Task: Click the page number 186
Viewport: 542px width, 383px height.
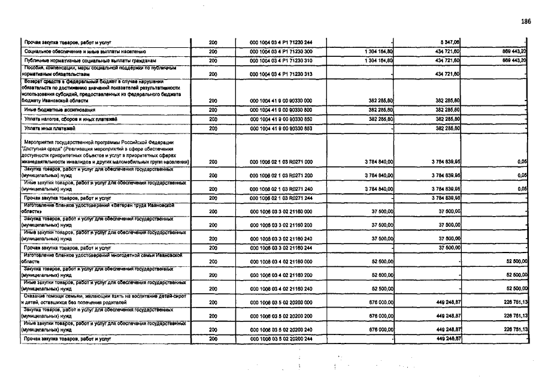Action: (x=526, y=22)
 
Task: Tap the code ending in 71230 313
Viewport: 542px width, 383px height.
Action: (x=281, y=74)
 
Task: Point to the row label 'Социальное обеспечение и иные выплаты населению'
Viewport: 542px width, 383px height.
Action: (x=86, y=52)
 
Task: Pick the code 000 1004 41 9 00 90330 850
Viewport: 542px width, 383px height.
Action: (x=281, y=119)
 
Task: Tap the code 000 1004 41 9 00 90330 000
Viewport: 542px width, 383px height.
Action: (x=281, y=101)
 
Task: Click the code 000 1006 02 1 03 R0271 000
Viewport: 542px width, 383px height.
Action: (x=281, y=162)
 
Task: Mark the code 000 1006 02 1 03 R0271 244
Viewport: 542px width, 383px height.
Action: (x=281, y=197)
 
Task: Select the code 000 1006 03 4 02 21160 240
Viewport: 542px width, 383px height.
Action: (x=281, y=289)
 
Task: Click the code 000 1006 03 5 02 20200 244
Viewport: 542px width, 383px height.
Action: (x=281, y=339)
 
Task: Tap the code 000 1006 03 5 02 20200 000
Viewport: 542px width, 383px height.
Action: (x=281, y=303)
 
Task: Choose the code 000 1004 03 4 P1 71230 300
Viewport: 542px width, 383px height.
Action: (x=281, y=52)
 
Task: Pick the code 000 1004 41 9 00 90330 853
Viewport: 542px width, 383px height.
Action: (x=281, y=128)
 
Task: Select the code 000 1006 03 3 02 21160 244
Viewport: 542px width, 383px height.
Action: (x=281, y=247)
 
